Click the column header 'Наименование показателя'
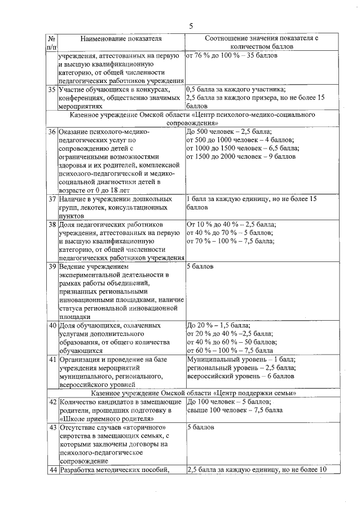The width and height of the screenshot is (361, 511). [121, 39]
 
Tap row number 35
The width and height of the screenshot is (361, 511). [51, 89]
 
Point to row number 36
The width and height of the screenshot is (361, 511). [51, 132]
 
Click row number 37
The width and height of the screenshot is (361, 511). [51, 199]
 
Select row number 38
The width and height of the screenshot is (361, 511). [51, 224]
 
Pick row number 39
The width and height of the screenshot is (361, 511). [51, 266]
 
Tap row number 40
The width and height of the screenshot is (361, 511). [51, 325]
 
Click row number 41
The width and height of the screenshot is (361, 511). [51, 359]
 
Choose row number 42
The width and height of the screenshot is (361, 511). [51, 401]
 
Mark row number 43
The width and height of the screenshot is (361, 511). [51, 427]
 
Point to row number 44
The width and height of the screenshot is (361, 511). [51, 470]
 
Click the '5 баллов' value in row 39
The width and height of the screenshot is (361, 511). [200, 266]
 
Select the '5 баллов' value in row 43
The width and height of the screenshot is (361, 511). [200, 427]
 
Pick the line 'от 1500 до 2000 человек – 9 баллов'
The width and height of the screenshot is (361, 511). [240, 156]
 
